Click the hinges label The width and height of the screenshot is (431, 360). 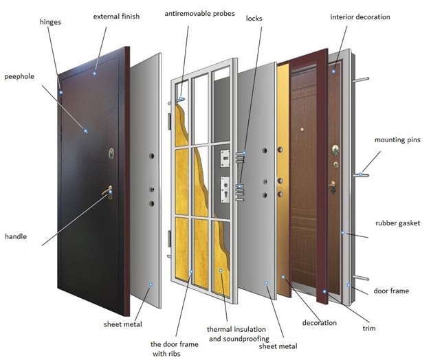pyautogui.click(x=50, y=23)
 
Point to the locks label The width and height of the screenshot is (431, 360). pyautogui.click(x=254, y=19)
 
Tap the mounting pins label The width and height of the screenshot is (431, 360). pyautogui.click(x=397, y=140)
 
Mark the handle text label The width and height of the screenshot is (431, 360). pyautogui.click(x=15, y=236)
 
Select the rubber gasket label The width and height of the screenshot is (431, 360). pyautogui.click(x=397, y=223)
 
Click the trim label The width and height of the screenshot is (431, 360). pyautogui.click(x=368, y=328)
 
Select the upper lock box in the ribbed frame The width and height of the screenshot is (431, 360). pyautogui.click(x=225, y=159)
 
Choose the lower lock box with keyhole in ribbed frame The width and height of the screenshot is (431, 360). pyautogui.click(x=225, y=187)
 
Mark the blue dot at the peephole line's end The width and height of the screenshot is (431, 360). pyautogui.click(x=86, y=131)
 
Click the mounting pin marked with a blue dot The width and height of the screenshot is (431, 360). pyautogui.click(x=360, y=175)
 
